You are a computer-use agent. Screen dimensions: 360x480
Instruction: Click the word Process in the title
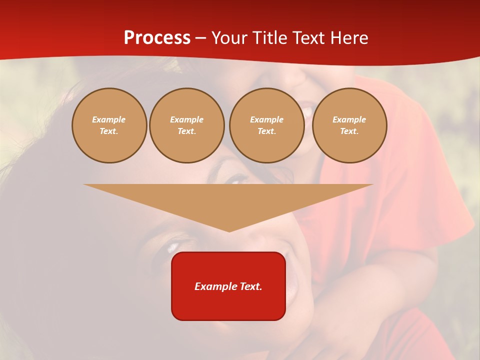157,38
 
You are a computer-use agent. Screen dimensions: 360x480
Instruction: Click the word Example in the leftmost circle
109,119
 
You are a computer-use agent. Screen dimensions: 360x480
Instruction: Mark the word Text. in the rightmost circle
349,131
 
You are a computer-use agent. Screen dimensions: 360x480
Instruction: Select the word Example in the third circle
266,119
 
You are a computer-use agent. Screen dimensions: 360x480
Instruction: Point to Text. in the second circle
186,131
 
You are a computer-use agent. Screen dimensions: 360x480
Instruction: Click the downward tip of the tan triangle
229,230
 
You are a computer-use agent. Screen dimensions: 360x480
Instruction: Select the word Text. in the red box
250,286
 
